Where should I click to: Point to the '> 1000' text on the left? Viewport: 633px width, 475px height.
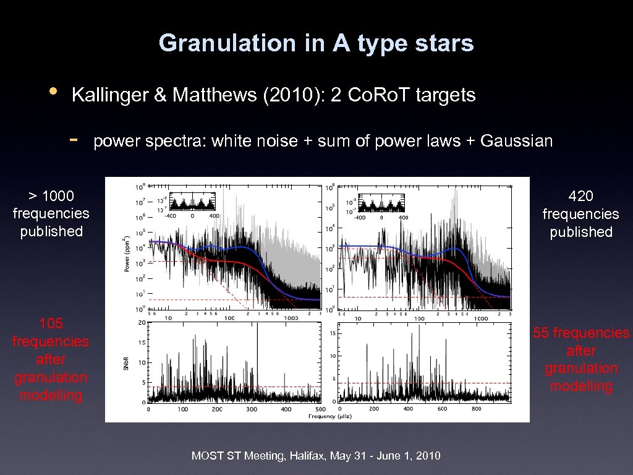click(x=51, y=196)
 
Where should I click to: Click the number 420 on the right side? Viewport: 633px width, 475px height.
click(x=580, y=196)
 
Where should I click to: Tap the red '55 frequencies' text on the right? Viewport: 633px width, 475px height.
click(x=581, y=333)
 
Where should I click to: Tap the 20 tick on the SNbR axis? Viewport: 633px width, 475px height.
click(x=142, y=323)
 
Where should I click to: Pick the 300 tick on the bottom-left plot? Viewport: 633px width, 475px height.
click(x=252, y=409)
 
